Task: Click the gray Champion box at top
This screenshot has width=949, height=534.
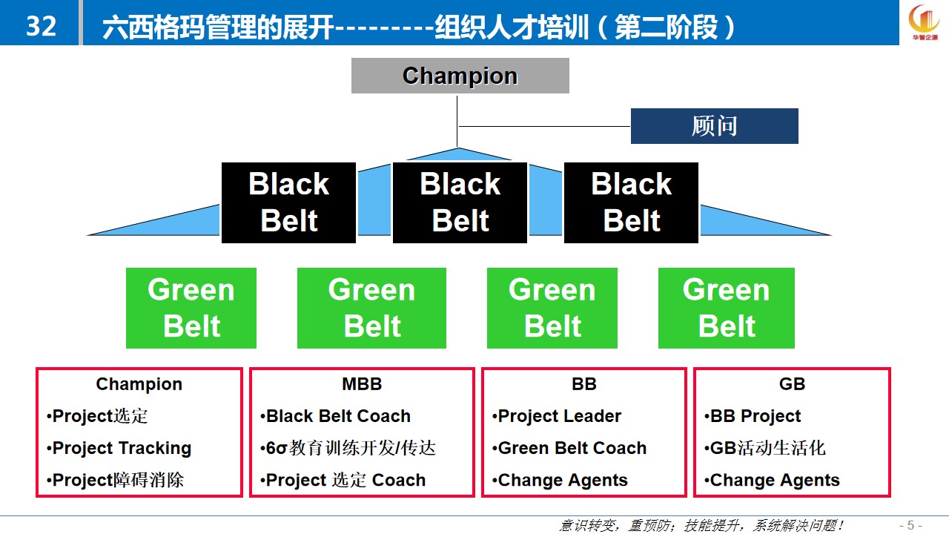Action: pos(460,76)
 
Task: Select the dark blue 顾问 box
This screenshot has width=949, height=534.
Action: pos(714,126)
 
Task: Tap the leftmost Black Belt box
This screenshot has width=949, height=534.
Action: pos(288,202)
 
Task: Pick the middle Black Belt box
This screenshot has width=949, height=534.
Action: pos(460,202)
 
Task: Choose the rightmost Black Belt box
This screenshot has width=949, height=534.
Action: pos(631,202)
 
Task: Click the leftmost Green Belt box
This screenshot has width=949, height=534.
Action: pos(191,308)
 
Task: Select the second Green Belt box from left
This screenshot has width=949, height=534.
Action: pos(371,308)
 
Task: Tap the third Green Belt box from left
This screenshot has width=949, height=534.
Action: pos(552,308)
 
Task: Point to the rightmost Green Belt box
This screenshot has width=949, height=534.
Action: pos(726,308)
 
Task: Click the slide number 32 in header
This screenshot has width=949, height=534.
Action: pos(41,26)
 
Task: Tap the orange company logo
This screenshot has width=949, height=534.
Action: pos(924,22)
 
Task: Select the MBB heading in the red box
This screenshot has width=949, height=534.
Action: pos(362,384)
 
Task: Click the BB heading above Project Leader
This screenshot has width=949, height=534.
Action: pos(583,384)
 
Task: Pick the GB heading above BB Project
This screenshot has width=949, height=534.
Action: pos(792,384)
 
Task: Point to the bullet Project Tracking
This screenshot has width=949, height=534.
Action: pos(119,449)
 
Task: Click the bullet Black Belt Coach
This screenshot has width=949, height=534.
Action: pos(335,416)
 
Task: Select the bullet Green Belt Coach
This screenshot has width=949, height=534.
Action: pos(569,448)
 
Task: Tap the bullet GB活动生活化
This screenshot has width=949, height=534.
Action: pos(765,448)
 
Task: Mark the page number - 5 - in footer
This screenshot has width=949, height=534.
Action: pos(910,526)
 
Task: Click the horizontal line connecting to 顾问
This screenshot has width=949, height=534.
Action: pos(545,126)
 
